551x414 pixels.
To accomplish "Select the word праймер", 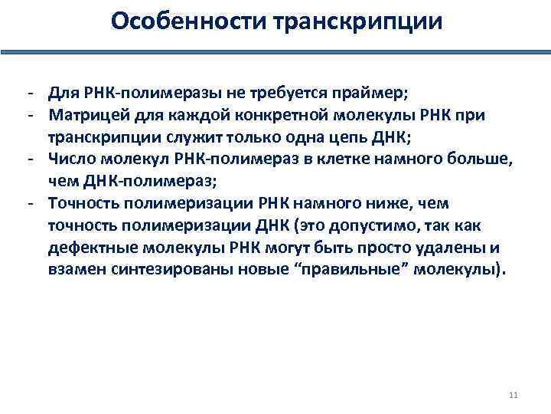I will (x=375, y=94).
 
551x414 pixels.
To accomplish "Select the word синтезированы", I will (x=163, y=271).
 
